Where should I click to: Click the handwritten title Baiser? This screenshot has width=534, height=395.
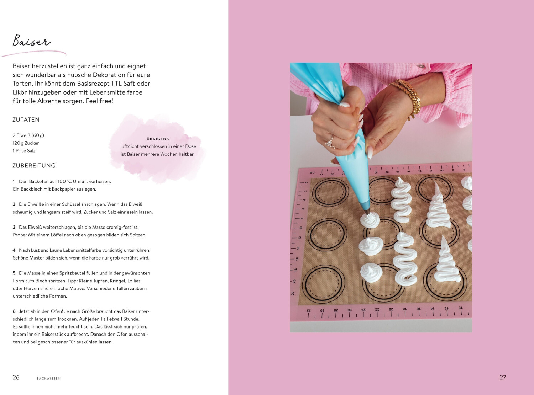(x=32, y=41)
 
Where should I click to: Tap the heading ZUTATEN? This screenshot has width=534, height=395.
(x=26, y=120)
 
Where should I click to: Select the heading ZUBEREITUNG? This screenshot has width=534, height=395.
(x=34, y=166)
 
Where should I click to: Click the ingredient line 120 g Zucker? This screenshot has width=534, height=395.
(x=26, y=143)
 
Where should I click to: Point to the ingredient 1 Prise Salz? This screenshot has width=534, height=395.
(x=24, y=151)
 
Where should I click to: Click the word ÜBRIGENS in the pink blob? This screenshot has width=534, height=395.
(x=158, y=139)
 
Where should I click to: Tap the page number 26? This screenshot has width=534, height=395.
(x=16, y=377)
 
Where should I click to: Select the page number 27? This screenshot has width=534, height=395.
(x=503, y=377)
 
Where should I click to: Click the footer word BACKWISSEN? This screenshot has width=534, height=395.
(x=49, y=378)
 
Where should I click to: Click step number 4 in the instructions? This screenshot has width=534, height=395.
(x=14, y=250)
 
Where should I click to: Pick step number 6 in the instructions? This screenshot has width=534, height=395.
(x=14, y=311)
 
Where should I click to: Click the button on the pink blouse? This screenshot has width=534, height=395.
(x=421, y=66)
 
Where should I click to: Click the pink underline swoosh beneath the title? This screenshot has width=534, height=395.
(x=34, y=53)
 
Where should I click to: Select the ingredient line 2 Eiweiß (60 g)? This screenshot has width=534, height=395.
(x=28, y=135)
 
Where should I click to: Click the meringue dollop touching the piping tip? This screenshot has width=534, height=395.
(x=370, y=220)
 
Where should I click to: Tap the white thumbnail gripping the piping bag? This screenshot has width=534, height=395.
(x=345, y=105)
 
